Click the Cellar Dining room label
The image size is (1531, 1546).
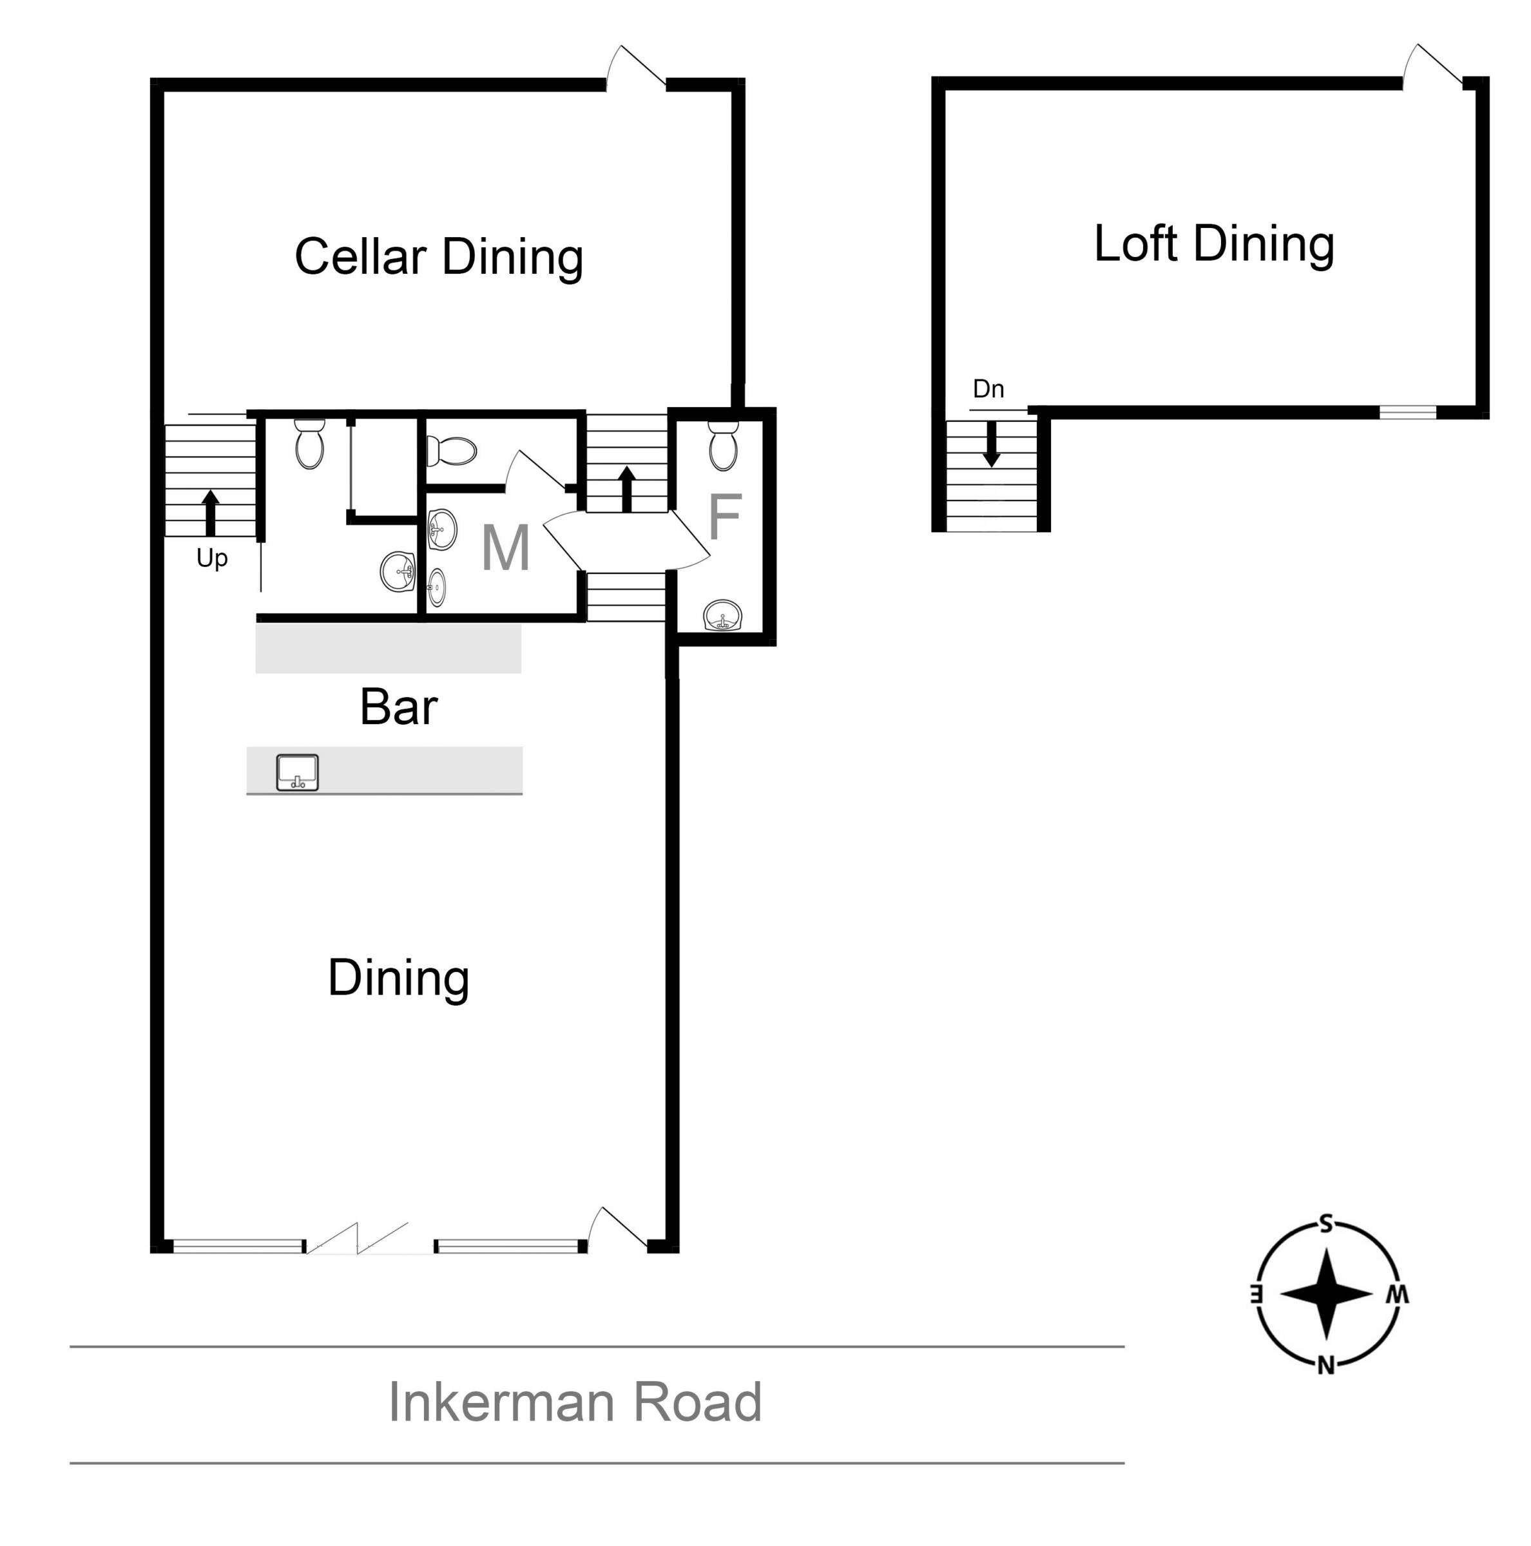[439, 257]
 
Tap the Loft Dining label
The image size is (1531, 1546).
[1213, 243]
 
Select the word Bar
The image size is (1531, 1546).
[399, 707]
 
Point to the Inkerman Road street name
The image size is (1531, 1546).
[575, 1401]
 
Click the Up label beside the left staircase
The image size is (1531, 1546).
[212, 558]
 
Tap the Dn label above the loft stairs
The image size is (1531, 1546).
[988, 389]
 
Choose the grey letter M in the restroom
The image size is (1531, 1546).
[505, 548]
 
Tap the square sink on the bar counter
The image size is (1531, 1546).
[297, 772]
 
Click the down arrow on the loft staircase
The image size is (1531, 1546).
[992, 444]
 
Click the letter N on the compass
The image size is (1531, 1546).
[1326, 1366]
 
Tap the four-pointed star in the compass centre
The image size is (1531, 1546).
[1326, 1295]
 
